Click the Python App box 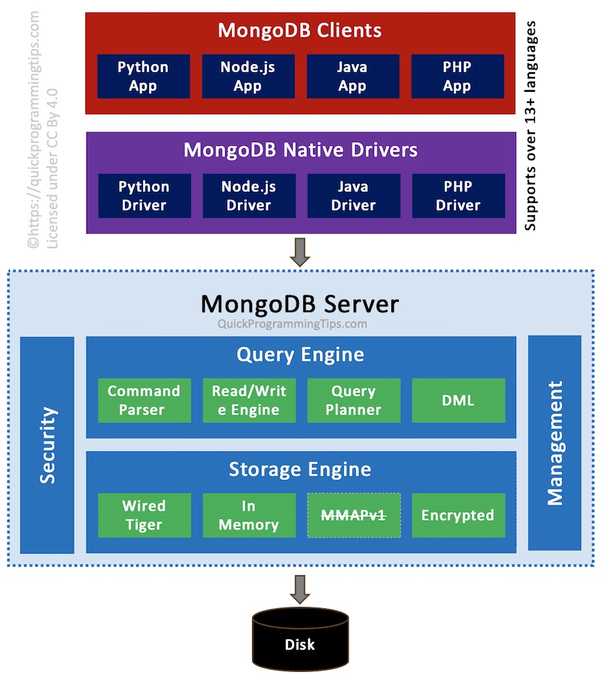(x=143, y=76)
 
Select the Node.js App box (x=248, y=76)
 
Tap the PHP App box (x=457, y=76)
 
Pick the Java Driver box (x=353, y=196)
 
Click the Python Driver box (x=144, y=196)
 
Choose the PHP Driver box (x=458, y=196)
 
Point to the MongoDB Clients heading (x=299, y=31)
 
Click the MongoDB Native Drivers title (x=300, y=150)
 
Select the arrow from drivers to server (x=300, y=252)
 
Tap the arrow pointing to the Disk (x=300, y=589)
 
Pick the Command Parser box (x=144, y=400)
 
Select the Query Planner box (x=353, y=400)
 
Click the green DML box (x=458, y=400)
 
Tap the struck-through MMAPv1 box (x=353, y=515)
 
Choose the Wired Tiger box (x=144, y=515)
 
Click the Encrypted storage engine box (x=458, y=515)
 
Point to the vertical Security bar (x=47, y=445)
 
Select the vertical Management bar (x=555, y=443)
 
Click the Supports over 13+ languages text (x=531, y=125)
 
